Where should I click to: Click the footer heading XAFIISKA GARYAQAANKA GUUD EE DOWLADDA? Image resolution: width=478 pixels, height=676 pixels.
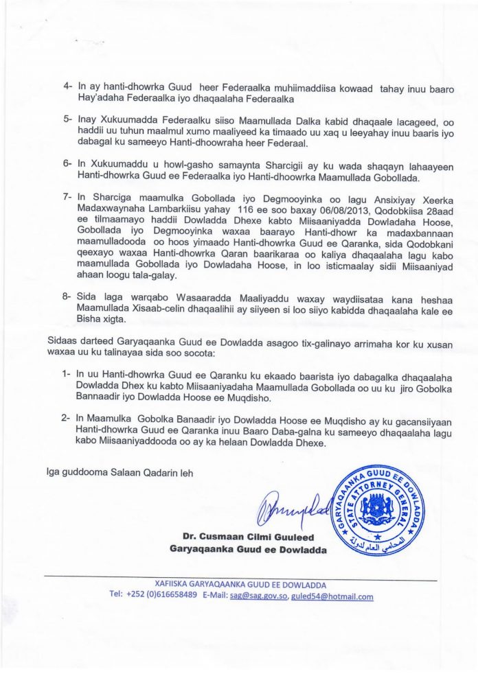239,585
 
